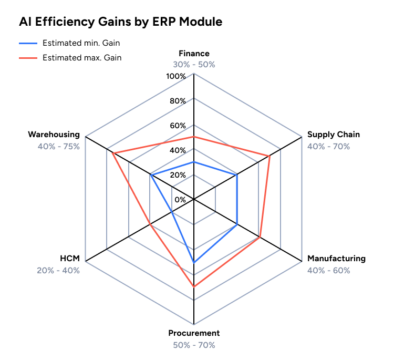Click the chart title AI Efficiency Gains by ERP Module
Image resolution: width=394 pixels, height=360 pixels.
click(120, 22)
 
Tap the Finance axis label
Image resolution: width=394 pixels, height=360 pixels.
click(194, 54)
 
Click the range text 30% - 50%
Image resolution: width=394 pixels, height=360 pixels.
click(194, 65)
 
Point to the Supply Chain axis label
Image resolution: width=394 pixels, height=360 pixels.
click(334, 135)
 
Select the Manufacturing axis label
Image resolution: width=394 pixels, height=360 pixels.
click(336, 259)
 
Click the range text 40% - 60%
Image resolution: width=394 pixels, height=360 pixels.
click(328, 271)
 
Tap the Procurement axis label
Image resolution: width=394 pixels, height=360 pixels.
click(194, 333)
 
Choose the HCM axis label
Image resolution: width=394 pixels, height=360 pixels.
click(70, 259)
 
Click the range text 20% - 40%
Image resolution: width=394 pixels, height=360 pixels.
click(58, 271)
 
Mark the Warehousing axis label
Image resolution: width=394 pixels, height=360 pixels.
click(54, 135)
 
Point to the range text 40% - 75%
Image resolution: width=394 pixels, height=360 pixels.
click(59, 147)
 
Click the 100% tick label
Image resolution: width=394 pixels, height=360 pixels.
click(176, 77)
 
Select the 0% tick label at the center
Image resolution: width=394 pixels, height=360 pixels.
click(180, 200)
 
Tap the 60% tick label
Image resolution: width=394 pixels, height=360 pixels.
click(178, 126)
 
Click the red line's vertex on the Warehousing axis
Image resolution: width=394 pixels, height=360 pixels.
click(113, 153)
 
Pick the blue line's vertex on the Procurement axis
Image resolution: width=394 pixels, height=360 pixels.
click(194, 262)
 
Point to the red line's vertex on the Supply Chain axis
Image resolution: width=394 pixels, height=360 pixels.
click(269, 156)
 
